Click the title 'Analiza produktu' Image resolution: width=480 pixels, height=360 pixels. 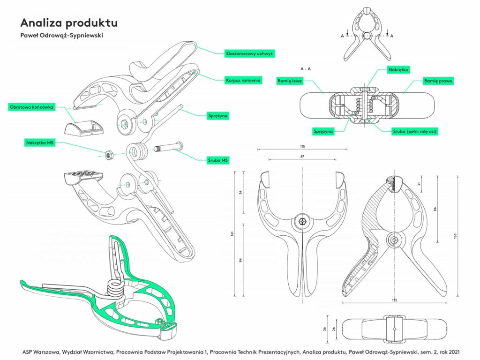point(68,22)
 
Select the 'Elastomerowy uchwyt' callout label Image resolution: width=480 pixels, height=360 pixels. point(249,53)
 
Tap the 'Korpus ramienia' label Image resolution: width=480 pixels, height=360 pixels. point(243,80)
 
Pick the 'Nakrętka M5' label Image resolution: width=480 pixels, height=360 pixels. point(41,141)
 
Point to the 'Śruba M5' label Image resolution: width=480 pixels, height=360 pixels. point(218,160)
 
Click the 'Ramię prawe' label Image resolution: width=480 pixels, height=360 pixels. point(438,81)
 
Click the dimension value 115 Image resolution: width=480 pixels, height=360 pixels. point(302,146)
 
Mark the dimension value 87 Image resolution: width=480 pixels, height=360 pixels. point(302,156)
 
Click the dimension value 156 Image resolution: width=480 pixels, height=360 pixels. point(455,236)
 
